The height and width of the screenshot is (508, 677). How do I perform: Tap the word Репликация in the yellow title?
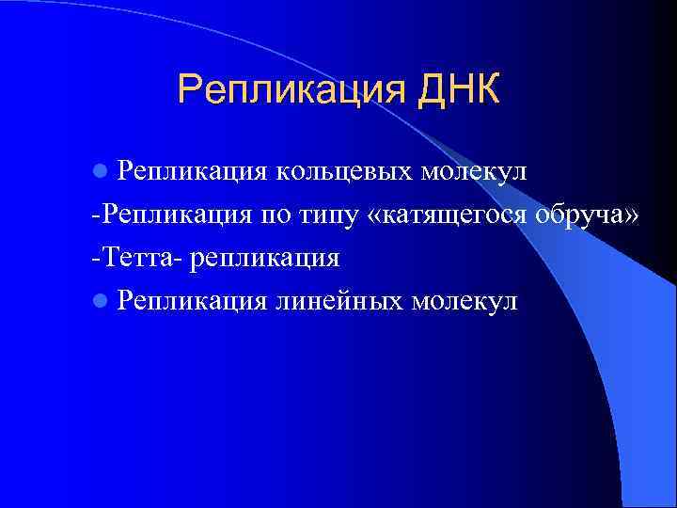click(x=290, y=92)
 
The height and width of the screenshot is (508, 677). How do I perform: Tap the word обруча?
click(x=585, y=214)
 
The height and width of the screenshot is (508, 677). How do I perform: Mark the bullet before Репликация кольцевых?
click(x=100, y=173)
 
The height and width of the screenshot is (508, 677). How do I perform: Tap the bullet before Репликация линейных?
click(x=100, y=301)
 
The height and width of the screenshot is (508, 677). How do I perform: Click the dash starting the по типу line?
click(x=96, y=215)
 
